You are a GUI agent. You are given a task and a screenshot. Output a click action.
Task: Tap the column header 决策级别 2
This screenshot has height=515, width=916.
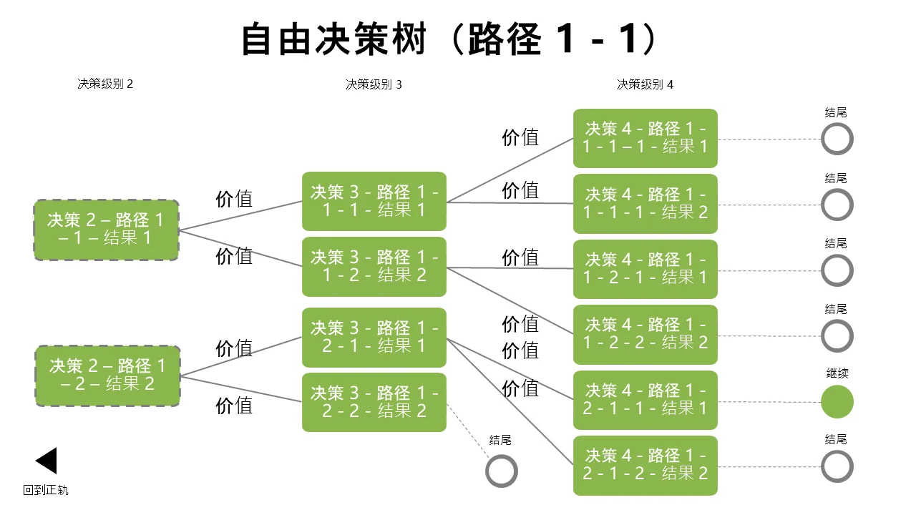(105, 84)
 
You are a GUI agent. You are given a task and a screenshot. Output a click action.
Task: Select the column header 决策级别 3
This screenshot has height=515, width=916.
(374, 84)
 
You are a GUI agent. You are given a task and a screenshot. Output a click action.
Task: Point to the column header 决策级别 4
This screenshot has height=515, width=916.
(645, 84)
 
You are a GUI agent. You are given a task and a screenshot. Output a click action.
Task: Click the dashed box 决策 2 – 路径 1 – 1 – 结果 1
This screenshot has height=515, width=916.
(107, 230)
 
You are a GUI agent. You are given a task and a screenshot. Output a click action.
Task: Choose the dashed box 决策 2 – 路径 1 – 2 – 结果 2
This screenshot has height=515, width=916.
(107, 376)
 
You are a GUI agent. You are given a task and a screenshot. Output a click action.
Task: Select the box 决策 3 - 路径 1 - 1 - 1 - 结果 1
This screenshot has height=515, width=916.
(374, 201)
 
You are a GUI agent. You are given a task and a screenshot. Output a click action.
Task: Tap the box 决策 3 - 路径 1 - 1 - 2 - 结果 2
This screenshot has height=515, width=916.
(374, 267)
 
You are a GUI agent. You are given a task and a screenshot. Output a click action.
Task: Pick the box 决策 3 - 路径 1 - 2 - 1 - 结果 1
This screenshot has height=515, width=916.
(374, 337)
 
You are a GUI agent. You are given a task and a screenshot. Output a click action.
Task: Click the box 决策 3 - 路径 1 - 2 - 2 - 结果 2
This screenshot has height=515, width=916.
(374, 402)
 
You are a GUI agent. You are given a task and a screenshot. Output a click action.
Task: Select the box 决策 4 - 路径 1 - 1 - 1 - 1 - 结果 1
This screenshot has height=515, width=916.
(645, 138)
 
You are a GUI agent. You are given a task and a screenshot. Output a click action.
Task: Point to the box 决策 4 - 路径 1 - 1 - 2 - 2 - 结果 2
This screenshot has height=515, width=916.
(645, 334)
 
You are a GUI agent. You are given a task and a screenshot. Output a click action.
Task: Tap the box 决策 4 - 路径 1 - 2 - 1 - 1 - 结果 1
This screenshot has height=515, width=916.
(645, 400)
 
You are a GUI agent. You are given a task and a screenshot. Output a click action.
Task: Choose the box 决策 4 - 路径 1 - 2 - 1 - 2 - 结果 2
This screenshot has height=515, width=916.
(645, 466)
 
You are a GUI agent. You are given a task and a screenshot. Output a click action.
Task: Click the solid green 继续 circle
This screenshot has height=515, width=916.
(837, 402)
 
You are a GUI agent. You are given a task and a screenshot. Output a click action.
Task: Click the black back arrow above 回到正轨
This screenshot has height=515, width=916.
(47, 461)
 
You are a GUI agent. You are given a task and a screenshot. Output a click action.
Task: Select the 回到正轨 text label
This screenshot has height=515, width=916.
(45, 490)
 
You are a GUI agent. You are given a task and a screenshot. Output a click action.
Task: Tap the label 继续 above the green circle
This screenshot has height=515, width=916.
(837, 373)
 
